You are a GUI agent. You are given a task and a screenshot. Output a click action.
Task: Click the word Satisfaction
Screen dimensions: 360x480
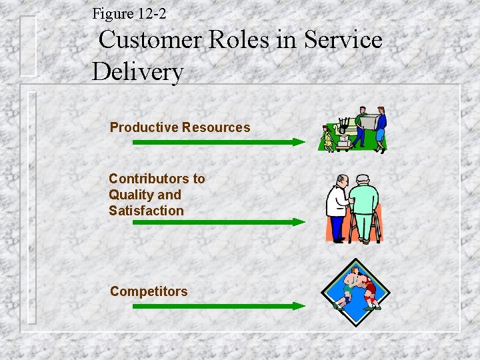[x=146, y=211]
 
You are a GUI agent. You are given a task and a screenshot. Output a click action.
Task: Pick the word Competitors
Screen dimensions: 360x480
[x=149, y=291]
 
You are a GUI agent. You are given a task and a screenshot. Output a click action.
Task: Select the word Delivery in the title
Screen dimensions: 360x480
[x=137, y=71]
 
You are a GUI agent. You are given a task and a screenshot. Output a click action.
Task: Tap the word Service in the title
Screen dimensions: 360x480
[x=343, y=40]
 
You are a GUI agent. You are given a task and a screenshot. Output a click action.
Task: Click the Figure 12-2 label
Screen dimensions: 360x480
[x=129, y=13]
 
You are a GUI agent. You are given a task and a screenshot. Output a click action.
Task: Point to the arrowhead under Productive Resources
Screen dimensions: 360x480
[x=300, y=142]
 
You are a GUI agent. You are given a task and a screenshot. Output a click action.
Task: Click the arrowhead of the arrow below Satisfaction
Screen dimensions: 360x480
[x=300, y=222]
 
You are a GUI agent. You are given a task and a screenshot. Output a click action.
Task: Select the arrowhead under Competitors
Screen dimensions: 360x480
[x=300, y=306]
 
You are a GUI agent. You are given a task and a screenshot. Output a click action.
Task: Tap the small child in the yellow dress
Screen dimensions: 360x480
[x=328, y=138]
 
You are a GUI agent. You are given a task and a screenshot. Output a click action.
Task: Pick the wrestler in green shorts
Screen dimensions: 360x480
[x=347, y=287]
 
